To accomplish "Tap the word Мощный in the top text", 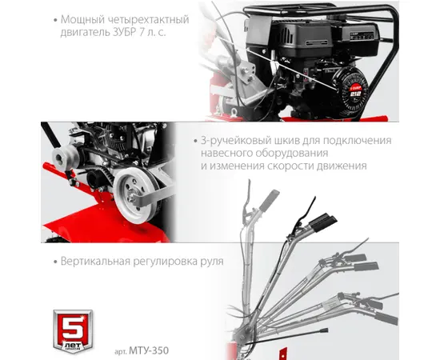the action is tap(80, 20).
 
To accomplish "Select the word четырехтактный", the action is tap(146, 20).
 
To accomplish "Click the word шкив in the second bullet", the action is tap(282, 140).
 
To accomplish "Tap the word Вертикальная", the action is tap(95, 262).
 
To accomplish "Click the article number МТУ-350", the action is tap(149, 350).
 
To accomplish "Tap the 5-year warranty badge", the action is tap(73, 331).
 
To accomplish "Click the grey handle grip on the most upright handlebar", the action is tap(269, 200).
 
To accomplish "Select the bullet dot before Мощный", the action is tap(55, 20).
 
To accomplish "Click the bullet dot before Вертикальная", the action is tap(55, 262).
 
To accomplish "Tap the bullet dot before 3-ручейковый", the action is tap(195, 141).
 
